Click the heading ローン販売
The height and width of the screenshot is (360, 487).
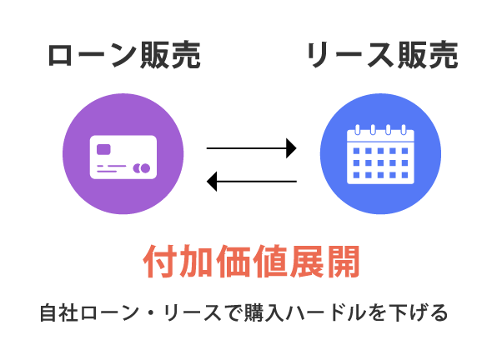coord(124,56)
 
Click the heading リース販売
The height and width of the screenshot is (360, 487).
coord(382,55)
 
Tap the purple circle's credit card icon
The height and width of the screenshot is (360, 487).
coord(123,157)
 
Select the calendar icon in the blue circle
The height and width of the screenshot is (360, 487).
coord(380,154)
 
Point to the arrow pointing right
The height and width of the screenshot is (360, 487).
coord(252,148)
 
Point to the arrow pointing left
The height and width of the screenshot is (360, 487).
coord(252,181)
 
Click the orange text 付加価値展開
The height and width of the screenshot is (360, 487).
coord(251,262)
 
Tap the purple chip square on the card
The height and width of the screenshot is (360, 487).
coord(103,149)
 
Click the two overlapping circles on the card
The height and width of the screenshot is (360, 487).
coord(142,168)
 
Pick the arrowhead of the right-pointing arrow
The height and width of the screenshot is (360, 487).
coord(291,148)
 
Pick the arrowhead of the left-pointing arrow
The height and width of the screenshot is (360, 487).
coord(212,181)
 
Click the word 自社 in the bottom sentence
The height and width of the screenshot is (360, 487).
coord(58,312)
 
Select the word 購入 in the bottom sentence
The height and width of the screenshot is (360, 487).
coord(264,312)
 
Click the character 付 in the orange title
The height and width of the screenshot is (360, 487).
coord(160,262)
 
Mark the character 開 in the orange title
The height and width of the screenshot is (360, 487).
coord(343,262)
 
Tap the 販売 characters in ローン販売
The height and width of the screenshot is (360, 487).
coord(170,56)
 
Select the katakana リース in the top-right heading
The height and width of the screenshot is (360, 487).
coord(351,55)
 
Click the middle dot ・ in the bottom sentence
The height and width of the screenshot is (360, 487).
coord(151,312)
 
